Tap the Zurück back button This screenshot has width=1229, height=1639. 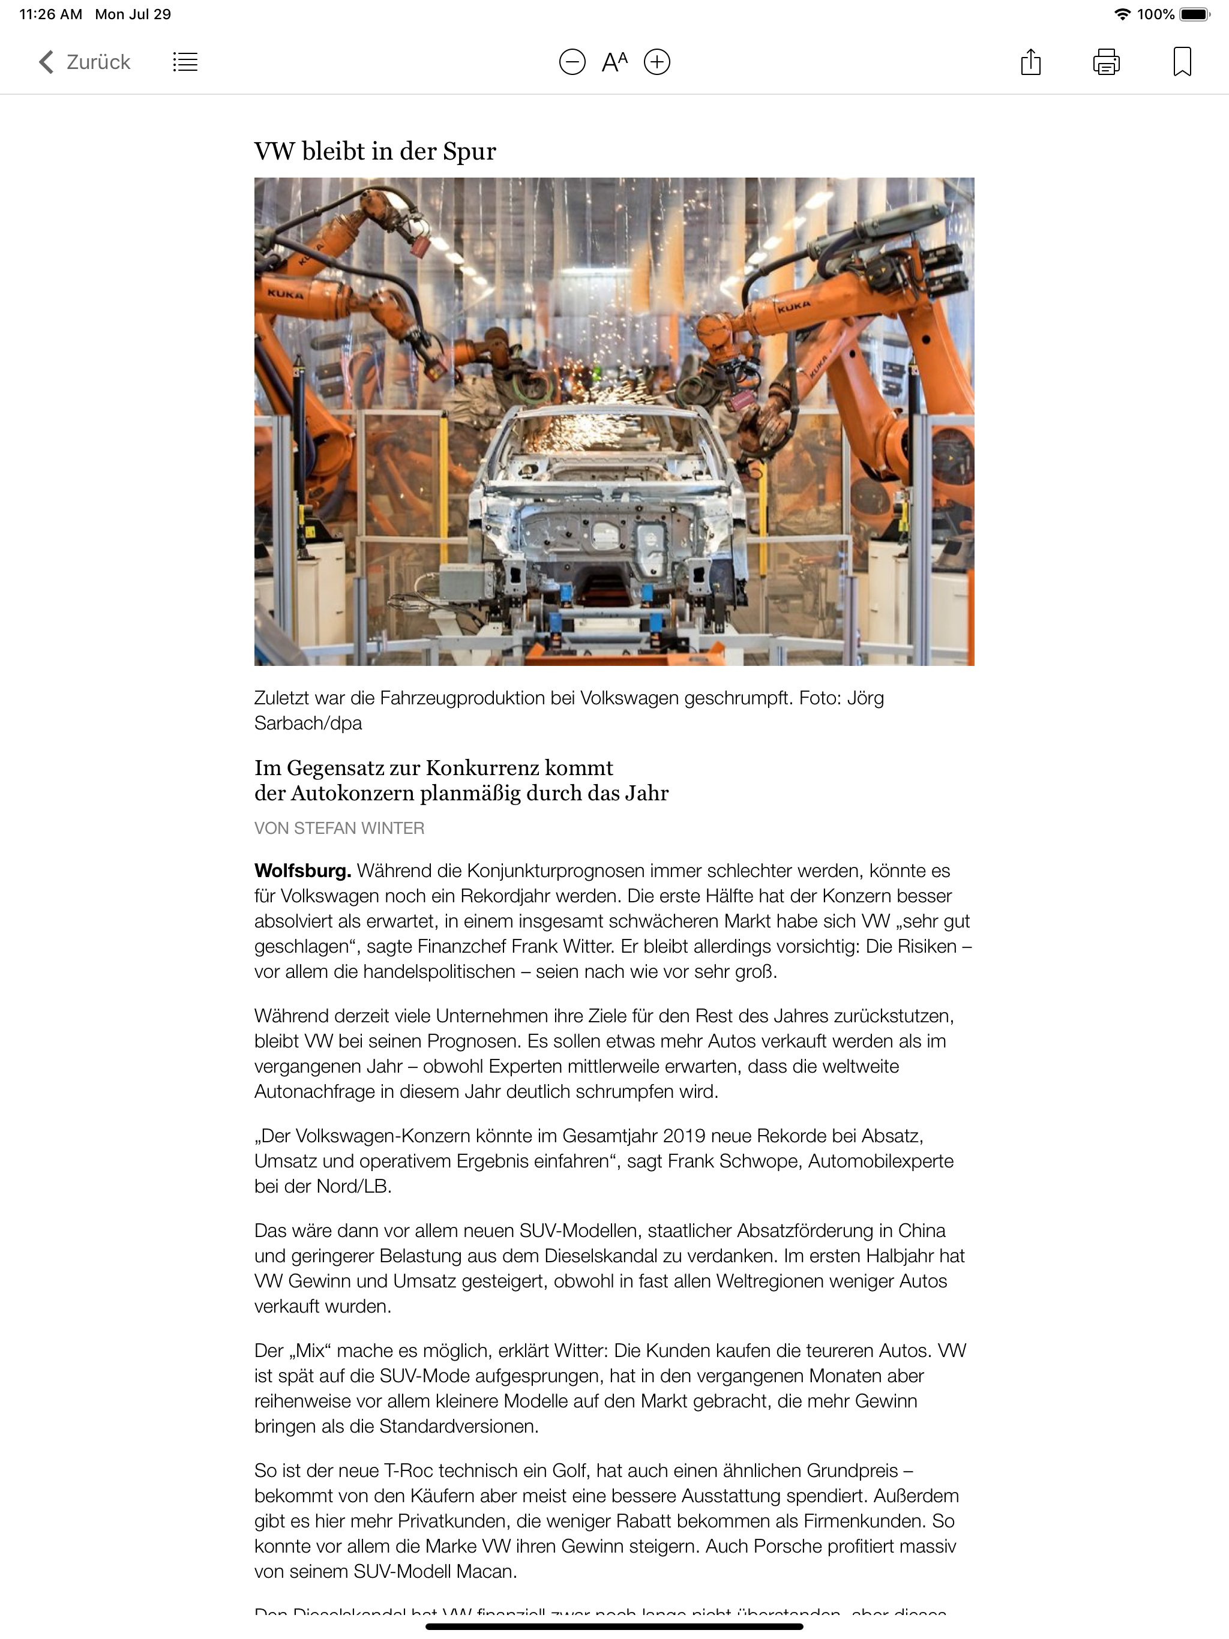(85, 62)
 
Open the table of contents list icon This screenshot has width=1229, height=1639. (185, 62)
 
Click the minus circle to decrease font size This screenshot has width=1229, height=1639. (571, 62)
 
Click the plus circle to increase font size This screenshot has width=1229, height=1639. (657, 62)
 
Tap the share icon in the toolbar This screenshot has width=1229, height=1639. (1030, 62)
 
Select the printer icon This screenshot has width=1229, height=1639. (1106, 62)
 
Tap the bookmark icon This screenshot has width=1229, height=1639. (1182, 62)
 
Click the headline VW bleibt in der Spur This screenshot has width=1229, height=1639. (375, 151)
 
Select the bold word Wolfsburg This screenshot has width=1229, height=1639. (302, 870)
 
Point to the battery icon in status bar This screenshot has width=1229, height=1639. (1194, 14)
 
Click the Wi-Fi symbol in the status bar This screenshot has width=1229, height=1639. (1122, 14)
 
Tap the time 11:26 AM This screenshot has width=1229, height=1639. (50, 14)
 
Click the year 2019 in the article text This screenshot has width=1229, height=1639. (684, 1136)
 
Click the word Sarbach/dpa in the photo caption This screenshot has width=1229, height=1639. (308, 723)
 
